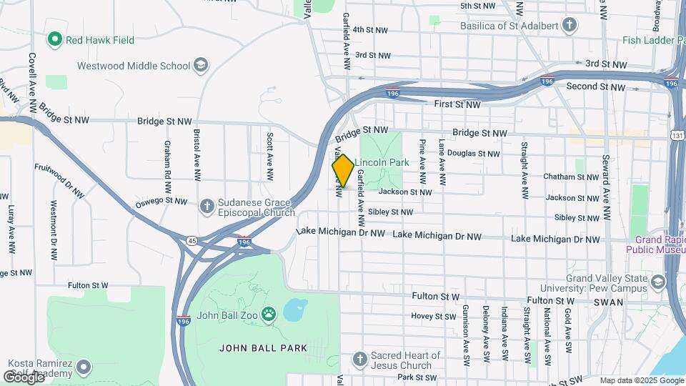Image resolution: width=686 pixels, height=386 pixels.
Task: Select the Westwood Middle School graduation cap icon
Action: (x=202, y=66)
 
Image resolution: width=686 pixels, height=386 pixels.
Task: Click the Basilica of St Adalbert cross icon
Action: (x=569, y=26)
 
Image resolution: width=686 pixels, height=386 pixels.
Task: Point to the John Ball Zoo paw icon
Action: (x=269, y=312)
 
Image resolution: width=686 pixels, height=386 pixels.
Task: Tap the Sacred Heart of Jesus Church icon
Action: (x=360, y=358)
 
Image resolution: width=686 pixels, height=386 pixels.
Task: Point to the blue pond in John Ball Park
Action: (x=294, y=311)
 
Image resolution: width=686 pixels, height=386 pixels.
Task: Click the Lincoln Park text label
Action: (x=382, y=162)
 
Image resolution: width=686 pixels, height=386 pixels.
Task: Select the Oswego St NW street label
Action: (x=161, y=201)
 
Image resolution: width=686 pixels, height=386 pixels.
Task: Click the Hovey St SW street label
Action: (x=433, y=316)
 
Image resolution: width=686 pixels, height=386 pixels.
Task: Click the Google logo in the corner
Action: (x=23, y=377)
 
